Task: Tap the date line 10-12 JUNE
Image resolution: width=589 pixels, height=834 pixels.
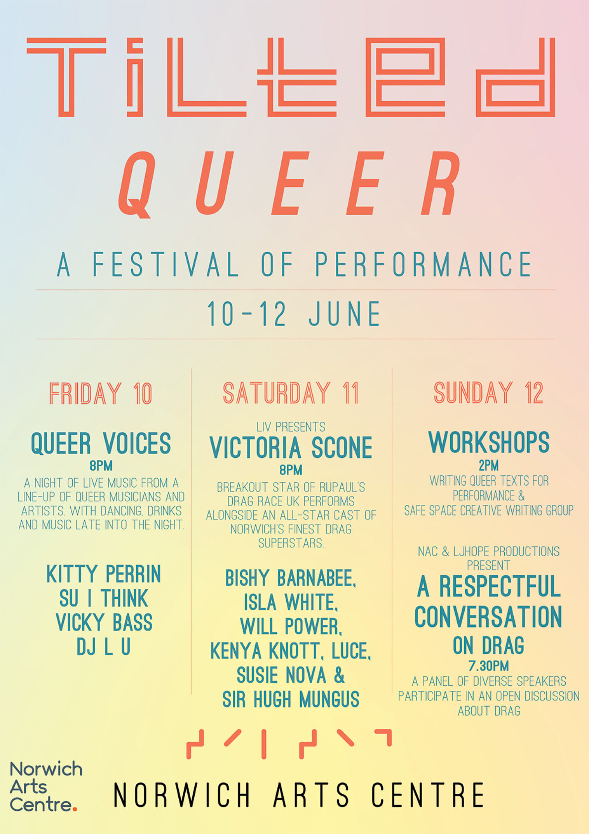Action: tap(294, 314)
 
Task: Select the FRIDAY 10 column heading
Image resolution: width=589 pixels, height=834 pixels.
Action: tap(101, 393)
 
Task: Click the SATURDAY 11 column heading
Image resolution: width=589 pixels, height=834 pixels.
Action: tap(291, 393)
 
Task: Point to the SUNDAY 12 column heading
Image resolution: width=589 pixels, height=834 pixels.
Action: tap(489, 393)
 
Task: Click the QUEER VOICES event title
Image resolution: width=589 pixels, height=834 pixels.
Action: tap(101, 443)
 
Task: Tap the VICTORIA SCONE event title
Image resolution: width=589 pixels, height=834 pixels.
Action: tap(291, 448)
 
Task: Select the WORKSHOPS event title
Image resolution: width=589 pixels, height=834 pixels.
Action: tap(489, 442)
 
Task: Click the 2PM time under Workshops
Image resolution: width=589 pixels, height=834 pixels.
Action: tap(489, 466)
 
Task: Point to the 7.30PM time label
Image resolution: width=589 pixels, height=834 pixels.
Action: tap(489, 666)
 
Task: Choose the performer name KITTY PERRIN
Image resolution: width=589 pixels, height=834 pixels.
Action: tap(103, 574)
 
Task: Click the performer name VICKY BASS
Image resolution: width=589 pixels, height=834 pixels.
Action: tap(104, 622)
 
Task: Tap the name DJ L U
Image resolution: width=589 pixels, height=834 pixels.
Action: tap(103, 646)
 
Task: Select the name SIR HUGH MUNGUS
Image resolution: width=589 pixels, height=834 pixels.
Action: tap(291, 699)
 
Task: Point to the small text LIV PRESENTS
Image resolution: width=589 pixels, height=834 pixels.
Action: tap(291, 427)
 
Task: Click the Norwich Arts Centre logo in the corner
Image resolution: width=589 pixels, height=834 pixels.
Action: tap(46, 787)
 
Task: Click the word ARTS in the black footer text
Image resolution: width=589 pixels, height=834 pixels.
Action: tap(311, 795)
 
